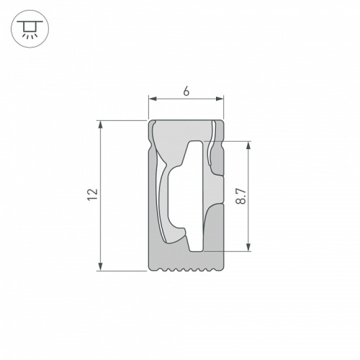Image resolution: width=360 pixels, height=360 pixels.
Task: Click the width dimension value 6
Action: [x=186, y=91]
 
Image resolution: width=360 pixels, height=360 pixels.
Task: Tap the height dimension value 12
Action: [x=91, y=195]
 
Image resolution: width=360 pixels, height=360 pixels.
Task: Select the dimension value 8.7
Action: [x=241, y=196]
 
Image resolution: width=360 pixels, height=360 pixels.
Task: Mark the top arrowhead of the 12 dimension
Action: [x=100, y=124]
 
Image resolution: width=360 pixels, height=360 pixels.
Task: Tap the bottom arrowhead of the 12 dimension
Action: [x=100, y=267]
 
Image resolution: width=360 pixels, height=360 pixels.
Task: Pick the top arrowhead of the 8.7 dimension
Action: [x=249, y=144]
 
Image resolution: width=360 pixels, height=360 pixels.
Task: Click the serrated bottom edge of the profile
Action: [x=186, y=271]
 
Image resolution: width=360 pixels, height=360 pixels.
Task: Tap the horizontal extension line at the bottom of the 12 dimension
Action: [x=122, y=271]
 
